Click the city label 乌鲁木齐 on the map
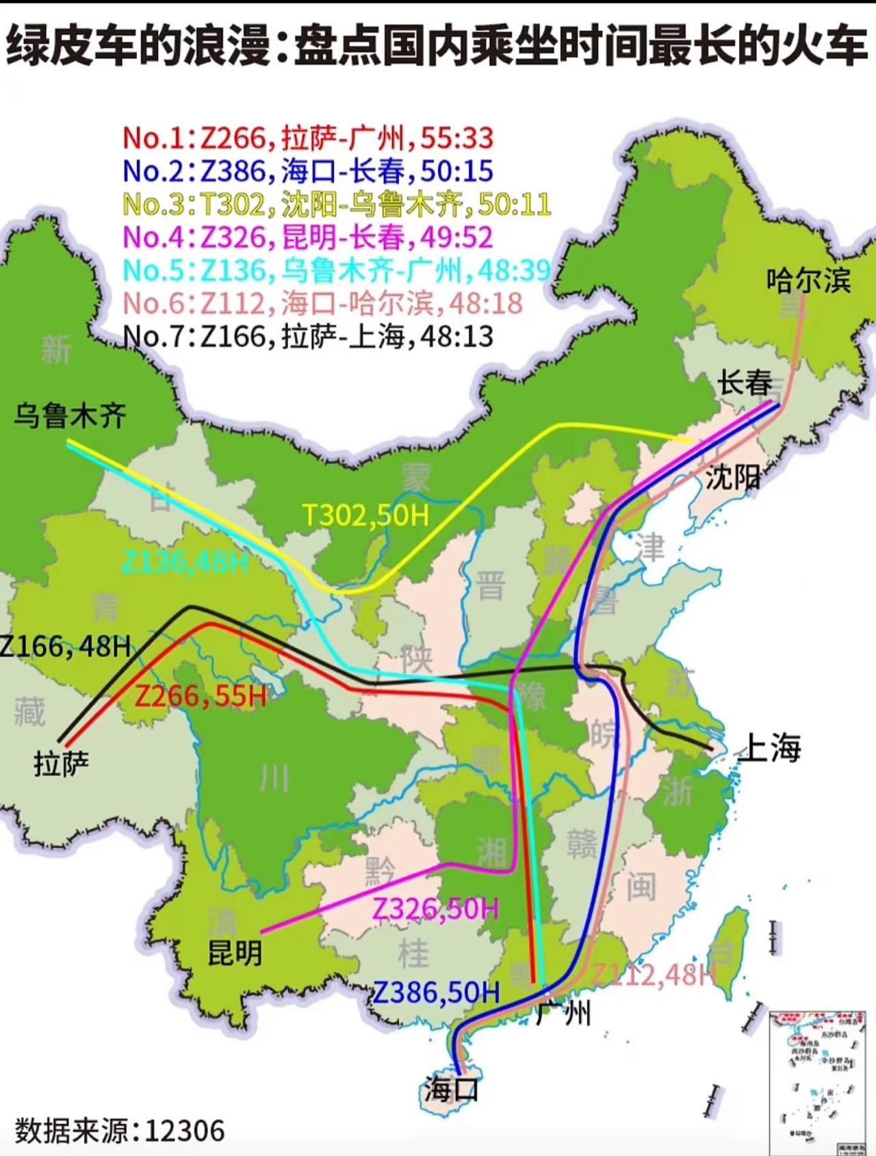tap(70, 415)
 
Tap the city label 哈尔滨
tap(808, 280)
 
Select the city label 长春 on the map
tap(745, 383)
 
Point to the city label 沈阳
tap(732, 476)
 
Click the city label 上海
tap(771, 747)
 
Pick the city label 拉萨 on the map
tap(62, 763)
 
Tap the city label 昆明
tap(235, 952)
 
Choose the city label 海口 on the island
tap(451, 1088)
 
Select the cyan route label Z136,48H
tap(185, 563)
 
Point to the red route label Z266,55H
tap(201, 696)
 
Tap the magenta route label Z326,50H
tap(435, 909)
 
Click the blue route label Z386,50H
tap(437, 992)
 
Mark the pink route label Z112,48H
tap(654, 975)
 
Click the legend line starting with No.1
tap(308, 138)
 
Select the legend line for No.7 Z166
tap(308, 336)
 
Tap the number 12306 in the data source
tap(185, 1131)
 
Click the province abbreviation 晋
tap(490, 587)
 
